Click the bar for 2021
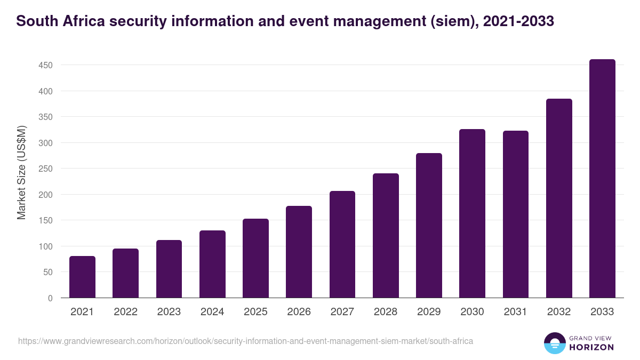point(82,277)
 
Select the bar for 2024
point(212,265)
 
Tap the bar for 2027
point(342,244)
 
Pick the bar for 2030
point(472,213)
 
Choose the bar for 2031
point(516,214)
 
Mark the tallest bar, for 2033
point(602,179)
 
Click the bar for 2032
point(559,198)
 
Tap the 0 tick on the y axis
point(50,298)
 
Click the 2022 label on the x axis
point(125,312)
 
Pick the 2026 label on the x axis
point(299,312)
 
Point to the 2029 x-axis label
point(429,312)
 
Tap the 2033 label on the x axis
point(602,312)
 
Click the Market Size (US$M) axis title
point(21,172)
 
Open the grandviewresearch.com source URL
point(245,341)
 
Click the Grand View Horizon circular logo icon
point(555,343)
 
